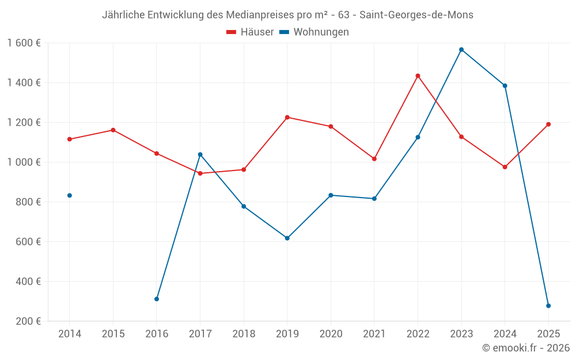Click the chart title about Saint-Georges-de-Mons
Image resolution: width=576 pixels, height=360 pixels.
287,15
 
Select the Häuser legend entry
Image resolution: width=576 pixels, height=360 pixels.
250,32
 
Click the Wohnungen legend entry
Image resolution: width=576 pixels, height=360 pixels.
314,32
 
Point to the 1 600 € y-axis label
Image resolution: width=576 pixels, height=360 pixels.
24,43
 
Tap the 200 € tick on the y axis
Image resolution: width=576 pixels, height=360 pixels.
28,321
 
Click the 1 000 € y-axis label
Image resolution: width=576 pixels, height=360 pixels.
24,162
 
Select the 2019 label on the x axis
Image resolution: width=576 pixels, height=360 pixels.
287,334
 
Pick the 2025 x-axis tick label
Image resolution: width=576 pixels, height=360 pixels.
548,334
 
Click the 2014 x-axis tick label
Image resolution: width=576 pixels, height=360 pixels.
70,334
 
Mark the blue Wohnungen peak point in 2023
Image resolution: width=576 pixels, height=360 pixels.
461,50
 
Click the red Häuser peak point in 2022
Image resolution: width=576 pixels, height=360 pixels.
418,76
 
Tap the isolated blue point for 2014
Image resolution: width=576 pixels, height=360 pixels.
70,195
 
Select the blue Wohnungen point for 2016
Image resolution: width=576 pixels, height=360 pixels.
157,299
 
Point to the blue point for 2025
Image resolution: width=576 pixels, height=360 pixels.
548,306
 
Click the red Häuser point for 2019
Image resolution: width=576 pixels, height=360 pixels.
287,118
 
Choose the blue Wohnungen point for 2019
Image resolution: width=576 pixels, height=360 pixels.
287,238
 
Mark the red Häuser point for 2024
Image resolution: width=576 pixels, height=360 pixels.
505,167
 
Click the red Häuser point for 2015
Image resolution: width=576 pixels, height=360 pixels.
113,130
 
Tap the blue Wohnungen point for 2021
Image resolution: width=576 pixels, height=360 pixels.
374,199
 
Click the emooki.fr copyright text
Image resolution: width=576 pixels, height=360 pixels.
526,348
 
